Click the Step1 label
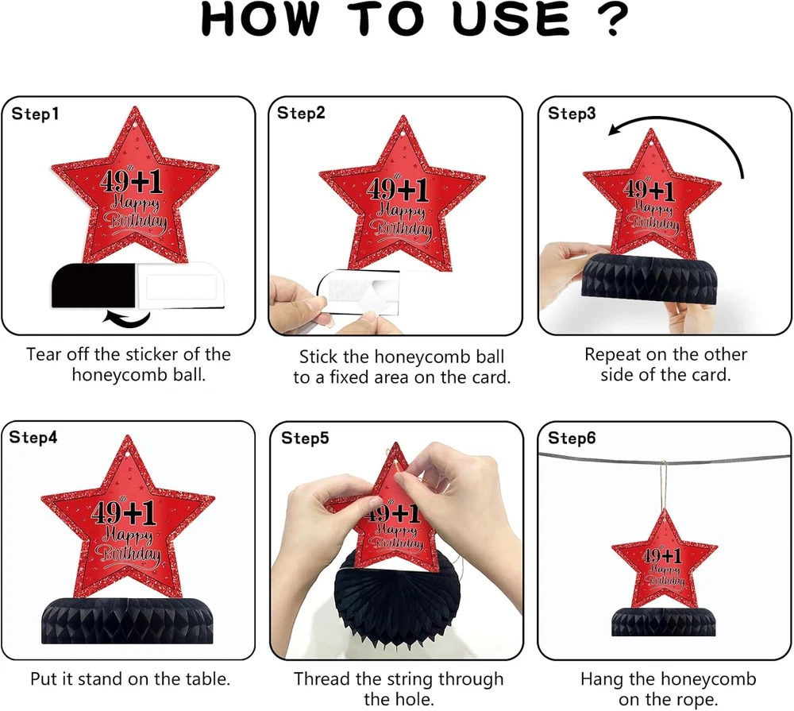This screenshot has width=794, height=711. tap(35, 114)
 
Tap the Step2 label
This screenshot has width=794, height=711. tap(301, 113)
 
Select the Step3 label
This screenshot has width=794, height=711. tap(572, 114)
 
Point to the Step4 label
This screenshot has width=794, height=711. tap(33, 438)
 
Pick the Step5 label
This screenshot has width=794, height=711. tap(305, 438)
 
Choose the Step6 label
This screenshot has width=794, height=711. tap(572, 438)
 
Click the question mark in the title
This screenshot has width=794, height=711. tap(613, 19)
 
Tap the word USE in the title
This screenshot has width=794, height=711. tap(511, 19)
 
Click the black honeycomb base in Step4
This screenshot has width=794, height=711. tap(127, 620)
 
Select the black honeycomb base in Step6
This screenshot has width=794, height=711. tap(663, 621)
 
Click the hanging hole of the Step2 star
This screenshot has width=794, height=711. tap(403, 133)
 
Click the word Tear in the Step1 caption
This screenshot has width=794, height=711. tap(44, 354)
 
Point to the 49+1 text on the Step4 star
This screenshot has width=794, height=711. tap(123, 513)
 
